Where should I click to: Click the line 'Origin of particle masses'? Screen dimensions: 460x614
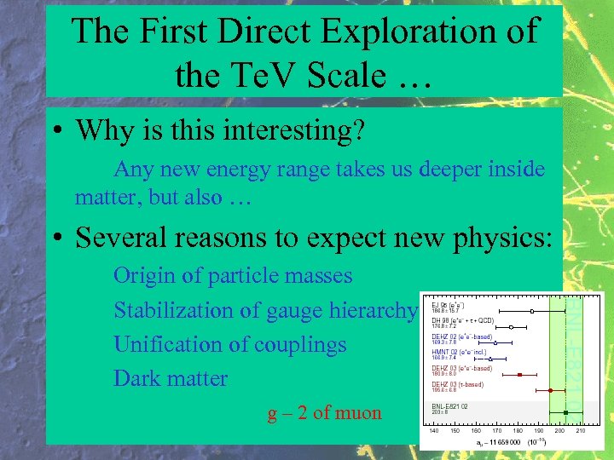pyautogui.click(x=232, y=276)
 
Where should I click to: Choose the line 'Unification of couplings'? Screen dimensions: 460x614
pyautogui.click(x=229, y=344)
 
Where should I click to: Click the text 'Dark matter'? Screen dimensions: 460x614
pyautogui.click(x=171, y=378)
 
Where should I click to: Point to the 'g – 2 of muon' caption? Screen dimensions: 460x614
pyautogui.click(x=324, y=413)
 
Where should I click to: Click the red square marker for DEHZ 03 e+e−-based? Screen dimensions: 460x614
pyautogui.click(x=520, y=374)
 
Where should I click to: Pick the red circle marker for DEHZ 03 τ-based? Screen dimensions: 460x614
pyautogui.click(x=550, y=390)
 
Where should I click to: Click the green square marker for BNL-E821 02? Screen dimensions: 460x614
pyautogui.click(x=565, y=413)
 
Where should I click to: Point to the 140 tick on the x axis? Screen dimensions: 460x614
pyautogui.click(x=435, y=431)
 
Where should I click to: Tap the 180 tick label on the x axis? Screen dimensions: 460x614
pyautogui.click(x=518, y=431)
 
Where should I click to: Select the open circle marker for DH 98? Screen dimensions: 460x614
pyautogui.click(x=511, y=327)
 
